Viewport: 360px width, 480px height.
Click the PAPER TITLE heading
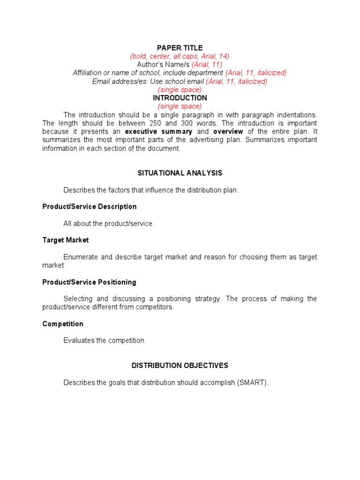click(180, 48)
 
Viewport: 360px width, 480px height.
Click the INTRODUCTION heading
click(180, 98)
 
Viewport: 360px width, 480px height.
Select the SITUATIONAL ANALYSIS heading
click(180, 173)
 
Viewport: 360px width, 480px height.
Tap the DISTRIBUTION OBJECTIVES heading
click(180, 366)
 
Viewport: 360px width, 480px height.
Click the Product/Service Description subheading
click(90, 207)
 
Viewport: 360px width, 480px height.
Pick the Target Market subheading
click(66, 240)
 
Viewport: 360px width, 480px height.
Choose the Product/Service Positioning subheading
click(89, 282)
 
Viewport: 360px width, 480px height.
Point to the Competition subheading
click(63, 324)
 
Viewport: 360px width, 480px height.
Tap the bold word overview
click(228, 132)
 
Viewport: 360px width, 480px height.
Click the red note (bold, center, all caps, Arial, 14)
click(180, 56)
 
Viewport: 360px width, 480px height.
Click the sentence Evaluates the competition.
click(105, 341)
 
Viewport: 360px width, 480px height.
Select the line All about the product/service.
click(109, 224)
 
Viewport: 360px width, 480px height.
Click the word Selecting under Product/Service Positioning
click(78, 299)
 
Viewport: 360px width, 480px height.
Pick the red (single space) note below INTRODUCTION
click(180, 106)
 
